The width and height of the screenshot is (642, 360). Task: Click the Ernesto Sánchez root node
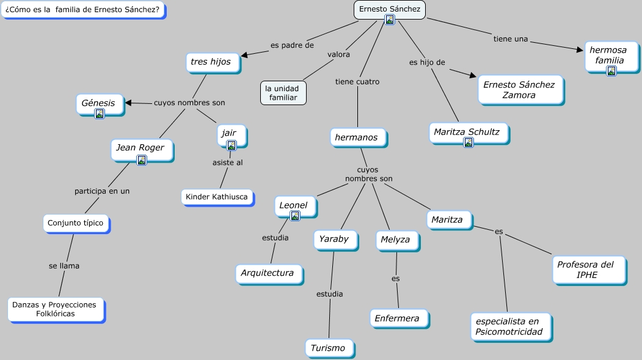tap(389, 9)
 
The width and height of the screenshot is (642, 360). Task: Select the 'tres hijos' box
tap(211, 62)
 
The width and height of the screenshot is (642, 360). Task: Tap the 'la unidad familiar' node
tap(283, 93)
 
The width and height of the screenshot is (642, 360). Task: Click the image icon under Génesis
tap(100, 114)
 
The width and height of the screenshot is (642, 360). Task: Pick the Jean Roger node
tap(141, 147)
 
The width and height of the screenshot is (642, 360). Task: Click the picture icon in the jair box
tap(231, 145)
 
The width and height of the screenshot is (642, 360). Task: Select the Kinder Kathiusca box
tap(217, 197)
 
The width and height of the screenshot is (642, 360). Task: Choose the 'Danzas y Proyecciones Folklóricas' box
tap(55, 309)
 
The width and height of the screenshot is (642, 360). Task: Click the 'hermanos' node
tap(357, 138)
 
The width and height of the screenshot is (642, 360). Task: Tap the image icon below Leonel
tap(295, 216)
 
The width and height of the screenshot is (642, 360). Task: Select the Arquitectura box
tap(267, 273)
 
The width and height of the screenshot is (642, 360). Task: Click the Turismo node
tap(328, 348)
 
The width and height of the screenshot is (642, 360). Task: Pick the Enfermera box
tap(397, 318)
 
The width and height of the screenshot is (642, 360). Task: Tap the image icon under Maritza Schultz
tap(469, 142)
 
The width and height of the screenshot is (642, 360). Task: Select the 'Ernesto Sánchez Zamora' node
tap(519, 90)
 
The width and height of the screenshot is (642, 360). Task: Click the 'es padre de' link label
tap(292, 45)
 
